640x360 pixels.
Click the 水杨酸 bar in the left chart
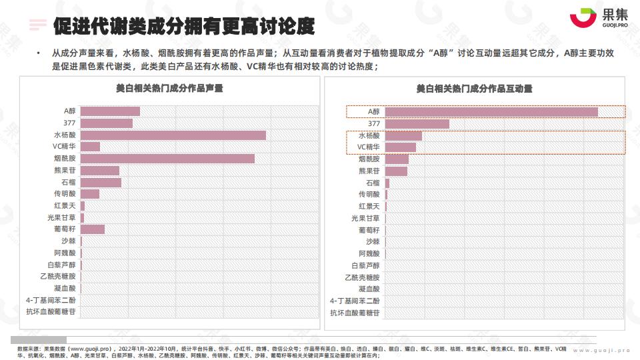click(173, 135)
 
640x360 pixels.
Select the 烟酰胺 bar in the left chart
click(167, 159)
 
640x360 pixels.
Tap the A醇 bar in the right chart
click(491, 112)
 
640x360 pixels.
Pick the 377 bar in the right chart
click(417, 124)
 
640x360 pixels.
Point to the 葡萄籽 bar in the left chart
click(93, 229)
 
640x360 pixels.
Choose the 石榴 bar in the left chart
click(101, 182)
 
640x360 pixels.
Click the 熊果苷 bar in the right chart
click(396, 171)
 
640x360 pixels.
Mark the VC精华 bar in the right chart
click(401, 147)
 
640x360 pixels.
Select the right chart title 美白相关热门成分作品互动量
click(474, 88)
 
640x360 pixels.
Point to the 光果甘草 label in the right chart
click(365, 218)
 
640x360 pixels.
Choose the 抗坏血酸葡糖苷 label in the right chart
click(355, 313)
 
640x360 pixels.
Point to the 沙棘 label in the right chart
click(372, 241)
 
